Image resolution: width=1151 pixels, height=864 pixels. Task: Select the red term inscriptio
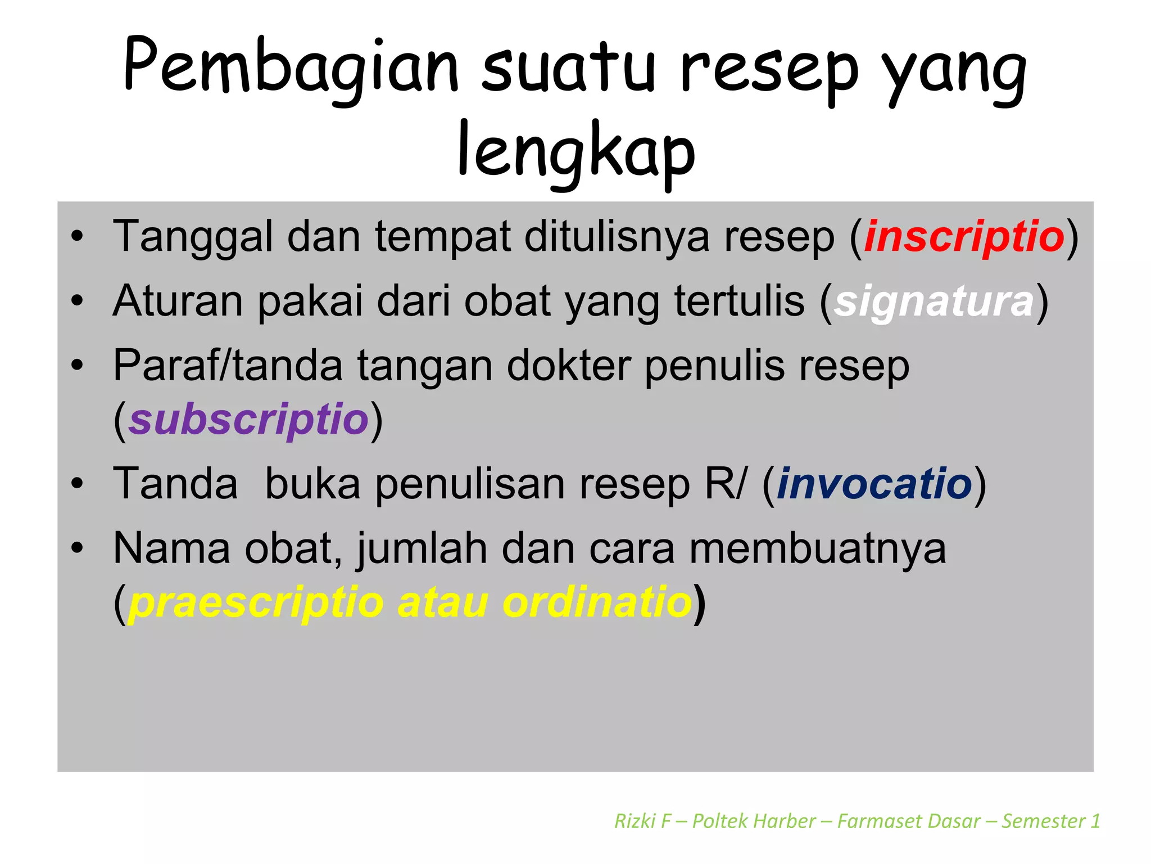click(x=964, y=237)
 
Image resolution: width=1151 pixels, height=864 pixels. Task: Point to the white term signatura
click(x=934, y=301)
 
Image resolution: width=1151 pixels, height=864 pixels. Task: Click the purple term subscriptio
click(x=248, y=420)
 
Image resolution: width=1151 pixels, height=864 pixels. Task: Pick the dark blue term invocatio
click(x=874, y=484)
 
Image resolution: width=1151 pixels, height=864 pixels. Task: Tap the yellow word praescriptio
click(x=256, y=602)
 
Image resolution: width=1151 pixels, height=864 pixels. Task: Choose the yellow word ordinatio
click(x=597, y=602)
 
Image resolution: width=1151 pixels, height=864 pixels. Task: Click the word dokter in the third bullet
click(x=568, y=366)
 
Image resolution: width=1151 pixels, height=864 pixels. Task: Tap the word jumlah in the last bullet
click(x=422, y=549)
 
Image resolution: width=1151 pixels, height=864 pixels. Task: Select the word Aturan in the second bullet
click(x=178, y=301)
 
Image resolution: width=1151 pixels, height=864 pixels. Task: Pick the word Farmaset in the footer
click(x=909, y=821)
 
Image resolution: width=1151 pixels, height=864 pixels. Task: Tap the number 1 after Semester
click(x=1095, y=821)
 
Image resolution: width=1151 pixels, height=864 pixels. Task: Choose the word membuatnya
click(x=818, y=548)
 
